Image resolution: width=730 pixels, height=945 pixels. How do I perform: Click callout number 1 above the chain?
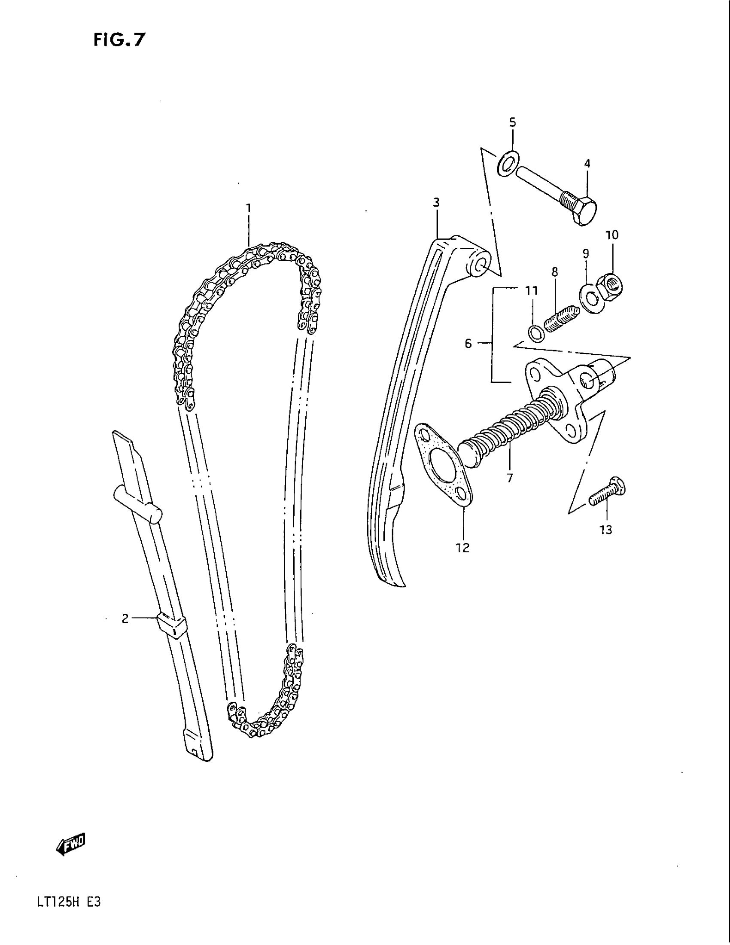tap(249, 209)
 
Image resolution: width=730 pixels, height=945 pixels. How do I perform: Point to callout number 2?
tap(125, 619)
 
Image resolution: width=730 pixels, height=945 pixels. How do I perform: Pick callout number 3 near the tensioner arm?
tap(436, 202)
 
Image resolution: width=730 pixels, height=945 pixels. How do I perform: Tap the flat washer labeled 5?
tap(507, 165)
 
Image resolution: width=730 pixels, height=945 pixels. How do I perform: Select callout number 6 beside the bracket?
tap(468, 344)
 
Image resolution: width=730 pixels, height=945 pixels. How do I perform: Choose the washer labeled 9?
tap(589, 296)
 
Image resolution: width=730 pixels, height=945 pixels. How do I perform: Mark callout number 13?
tap(606, 530)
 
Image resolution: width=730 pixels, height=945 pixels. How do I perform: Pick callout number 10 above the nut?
tap(612, 235)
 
